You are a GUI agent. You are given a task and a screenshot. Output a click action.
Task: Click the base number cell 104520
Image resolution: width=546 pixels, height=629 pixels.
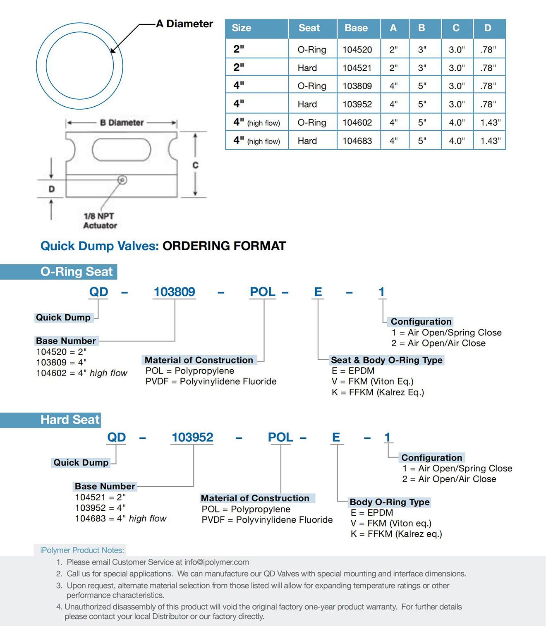point(357,50)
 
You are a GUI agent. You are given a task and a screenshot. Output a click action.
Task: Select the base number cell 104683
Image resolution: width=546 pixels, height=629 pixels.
point(357,141)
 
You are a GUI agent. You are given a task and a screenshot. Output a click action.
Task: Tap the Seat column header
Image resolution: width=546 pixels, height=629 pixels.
point(309,28)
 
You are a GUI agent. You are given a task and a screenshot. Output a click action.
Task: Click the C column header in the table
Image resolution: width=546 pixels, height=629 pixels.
point(456,28)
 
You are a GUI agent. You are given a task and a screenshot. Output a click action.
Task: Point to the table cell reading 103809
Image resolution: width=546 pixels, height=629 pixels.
point(357,86)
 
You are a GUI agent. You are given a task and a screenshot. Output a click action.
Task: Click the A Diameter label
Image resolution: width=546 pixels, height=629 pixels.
point(184,24)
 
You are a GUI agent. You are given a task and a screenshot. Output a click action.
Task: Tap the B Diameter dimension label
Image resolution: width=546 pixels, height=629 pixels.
point(122,123)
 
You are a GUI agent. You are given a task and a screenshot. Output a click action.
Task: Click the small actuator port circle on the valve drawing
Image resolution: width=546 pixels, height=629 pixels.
point(122,180)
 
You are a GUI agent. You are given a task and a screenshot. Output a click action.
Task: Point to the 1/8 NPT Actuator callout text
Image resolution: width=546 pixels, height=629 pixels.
point(100,221)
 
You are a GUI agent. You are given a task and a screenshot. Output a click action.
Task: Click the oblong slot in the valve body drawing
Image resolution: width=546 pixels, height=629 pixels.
point(122,150)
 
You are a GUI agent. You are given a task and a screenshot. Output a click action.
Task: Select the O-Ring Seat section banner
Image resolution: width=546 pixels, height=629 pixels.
point(58,272)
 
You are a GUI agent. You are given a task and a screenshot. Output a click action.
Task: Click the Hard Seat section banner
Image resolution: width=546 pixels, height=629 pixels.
point(50,420)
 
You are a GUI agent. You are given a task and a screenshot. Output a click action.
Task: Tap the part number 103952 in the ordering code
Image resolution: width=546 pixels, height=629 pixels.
point(192,437)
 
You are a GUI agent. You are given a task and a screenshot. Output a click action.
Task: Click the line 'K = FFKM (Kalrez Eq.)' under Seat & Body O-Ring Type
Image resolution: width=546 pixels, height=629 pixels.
point(378,392)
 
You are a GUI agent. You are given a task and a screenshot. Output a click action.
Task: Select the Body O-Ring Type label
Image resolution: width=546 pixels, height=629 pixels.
point(390,502)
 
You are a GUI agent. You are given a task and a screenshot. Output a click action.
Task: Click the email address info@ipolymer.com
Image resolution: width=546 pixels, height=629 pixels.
point(217,562)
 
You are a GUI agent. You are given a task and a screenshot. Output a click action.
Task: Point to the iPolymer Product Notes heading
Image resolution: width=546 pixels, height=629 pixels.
point(82,550)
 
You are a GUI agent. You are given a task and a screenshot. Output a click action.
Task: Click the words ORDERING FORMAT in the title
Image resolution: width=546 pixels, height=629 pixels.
point(224,246)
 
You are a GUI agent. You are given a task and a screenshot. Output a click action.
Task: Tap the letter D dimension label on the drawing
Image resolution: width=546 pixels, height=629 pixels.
point(52,189)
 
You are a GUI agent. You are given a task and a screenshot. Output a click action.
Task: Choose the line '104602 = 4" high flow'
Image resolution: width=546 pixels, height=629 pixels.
point(81,373)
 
